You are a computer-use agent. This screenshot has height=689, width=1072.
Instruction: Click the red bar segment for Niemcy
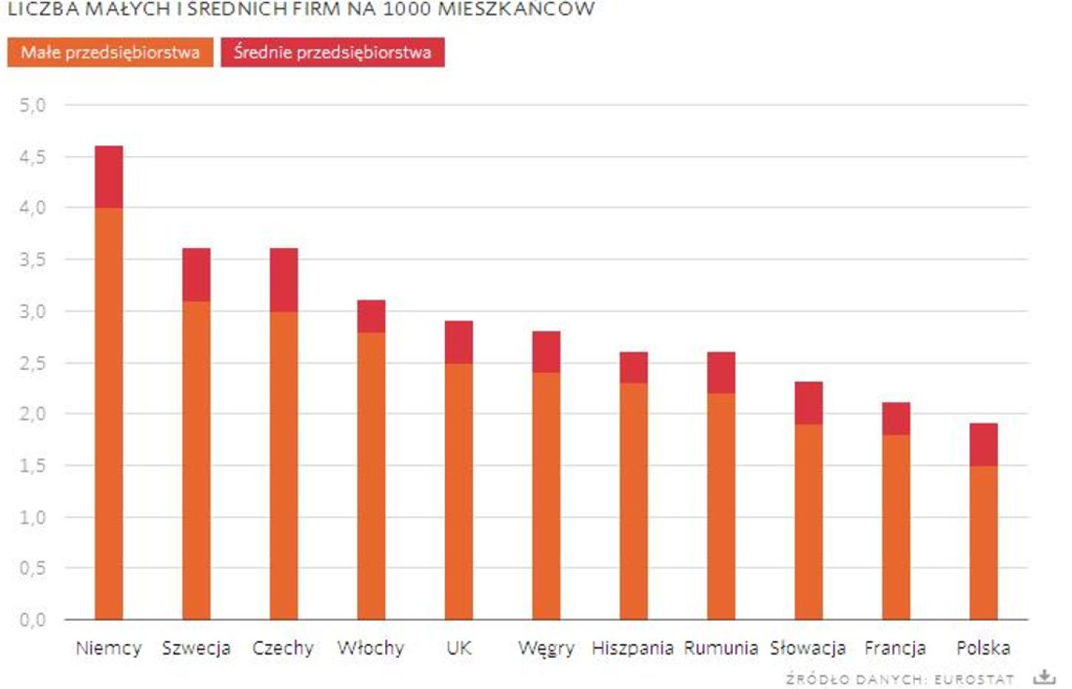(109, 176)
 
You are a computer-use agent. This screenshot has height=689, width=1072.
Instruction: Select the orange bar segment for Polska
(983, 542)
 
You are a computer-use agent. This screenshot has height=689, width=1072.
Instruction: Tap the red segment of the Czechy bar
(283, 279)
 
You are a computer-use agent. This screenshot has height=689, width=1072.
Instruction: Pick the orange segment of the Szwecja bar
(196, 459)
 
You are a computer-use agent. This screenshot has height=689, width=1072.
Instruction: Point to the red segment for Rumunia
(721, 373)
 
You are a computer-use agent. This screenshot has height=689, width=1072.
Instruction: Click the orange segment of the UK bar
(459, 490)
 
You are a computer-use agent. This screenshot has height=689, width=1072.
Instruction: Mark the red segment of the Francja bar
(896, 419)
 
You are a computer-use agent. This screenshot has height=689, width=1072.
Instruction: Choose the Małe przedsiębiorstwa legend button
(110, 52)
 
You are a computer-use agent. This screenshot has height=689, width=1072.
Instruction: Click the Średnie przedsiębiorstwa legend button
(332, 52)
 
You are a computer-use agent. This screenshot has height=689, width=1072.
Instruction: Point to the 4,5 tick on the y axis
(32, 156)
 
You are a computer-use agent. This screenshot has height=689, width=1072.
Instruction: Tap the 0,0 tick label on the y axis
(32, 619)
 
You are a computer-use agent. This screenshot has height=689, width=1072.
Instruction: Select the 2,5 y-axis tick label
(32, 363)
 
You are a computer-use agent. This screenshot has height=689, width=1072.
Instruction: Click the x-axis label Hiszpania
(632, 648)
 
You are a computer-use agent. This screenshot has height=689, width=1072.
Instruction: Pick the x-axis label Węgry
(546, 648)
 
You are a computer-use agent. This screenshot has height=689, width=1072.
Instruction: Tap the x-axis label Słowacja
(808, 648)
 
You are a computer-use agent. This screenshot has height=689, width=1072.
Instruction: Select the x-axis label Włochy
(371, 648)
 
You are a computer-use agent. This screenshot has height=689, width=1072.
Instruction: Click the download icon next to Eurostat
(1044, 678)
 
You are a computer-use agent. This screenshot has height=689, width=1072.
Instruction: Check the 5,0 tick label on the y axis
(32, 105)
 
